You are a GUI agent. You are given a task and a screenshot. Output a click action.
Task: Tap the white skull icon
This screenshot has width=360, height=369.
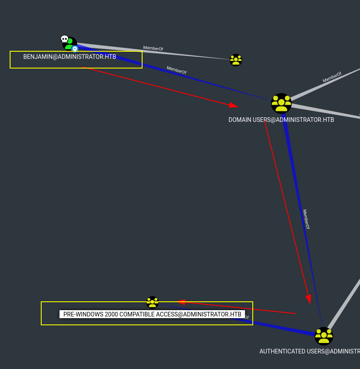(64, 39)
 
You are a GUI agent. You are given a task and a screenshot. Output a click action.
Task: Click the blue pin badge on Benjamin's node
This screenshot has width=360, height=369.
(75, 49)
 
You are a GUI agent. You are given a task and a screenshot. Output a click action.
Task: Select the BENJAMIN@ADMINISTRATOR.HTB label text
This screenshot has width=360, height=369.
(69, 57)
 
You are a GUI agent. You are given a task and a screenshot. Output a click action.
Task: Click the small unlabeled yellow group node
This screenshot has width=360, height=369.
(236, 60)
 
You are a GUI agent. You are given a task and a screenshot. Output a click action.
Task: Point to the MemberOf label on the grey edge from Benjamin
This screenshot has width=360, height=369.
(153, 48)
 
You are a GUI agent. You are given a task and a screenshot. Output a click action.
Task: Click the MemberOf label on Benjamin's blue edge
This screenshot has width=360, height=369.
(176, 70)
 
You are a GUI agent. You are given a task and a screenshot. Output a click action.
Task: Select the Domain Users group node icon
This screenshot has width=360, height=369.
(281, 103)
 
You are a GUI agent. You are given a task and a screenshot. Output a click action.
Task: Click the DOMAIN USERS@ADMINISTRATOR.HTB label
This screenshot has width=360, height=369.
(281, 120)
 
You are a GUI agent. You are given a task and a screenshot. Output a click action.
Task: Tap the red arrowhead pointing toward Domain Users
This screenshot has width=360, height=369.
(234, 105)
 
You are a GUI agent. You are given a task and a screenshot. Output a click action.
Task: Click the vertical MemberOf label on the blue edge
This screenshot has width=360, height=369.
(306, 219)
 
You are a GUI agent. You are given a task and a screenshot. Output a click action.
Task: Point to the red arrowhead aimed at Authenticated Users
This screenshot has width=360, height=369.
(309, 298)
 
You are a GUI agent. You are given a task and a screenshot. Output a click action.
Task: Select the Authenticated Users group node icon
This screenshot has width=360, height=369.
(324, 336)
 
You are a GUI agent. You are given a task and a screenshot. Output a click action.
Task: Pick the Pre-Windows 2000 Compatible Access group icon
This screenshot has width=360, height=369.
(152, 302)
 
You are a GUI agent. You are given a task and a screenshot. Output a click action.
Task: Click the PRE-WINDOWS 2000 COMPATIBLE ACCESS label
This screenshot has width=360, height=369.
(152, 314)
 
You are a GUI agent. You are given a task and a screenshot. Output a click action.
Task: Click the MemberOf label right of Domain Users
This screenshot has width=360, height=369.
(332, 77)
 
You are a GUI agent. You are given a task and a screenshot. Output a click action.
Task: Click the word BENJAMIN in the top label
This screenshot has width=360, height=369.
(37, 57)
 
